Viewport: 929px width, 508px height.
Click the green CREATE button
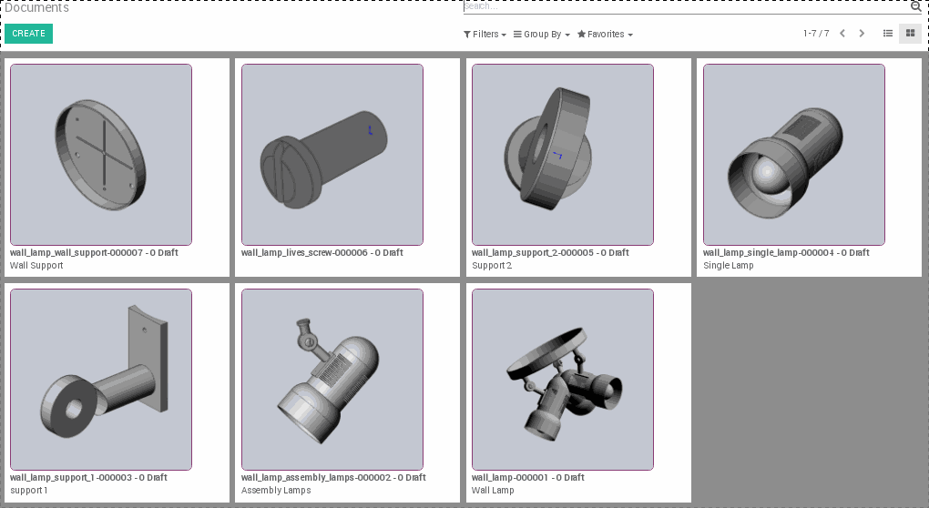[28, 34]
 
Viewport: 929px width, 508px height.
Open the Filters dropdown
[485, 35]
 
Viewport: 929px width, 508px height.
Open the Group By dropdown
[541, 35]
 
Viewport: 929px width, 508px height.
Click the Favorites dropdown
[605, 35]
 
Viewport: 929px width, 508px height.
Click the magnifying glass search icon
[915, 6]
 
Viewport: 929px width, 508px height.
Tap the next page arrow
[862, 34]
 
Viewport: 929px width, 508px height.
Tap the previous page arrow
[842, 34]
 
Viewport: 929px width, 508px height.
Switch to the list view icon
[888, 34]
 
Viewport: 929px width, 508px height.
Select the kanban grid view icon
[909, 34]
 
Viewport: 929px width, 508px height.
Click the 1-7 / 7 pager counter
[816, 34]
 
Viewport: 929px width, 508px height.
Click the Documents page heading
[36, 8]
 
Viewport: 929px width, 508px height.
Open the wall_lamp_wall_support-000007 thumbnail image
[101, 155]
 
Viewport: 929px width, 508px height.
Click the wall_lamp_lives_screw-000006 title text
[322, 253]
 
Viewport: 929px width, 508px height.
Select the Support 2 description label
[492, 266]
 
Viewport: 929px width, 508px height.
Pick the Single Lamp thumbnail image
[793, 155]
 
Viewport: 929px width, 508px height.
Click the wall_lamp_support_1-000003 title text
[88, 478]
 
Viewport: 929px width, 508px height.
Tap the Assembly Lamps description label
[276, 491]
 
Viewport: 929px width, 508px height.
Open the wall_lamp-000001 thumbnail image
[562, 380]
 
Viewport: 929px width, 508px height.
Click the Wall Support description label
[36, 266]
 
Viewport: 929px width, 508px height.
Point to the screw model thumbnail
[332, 155]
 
